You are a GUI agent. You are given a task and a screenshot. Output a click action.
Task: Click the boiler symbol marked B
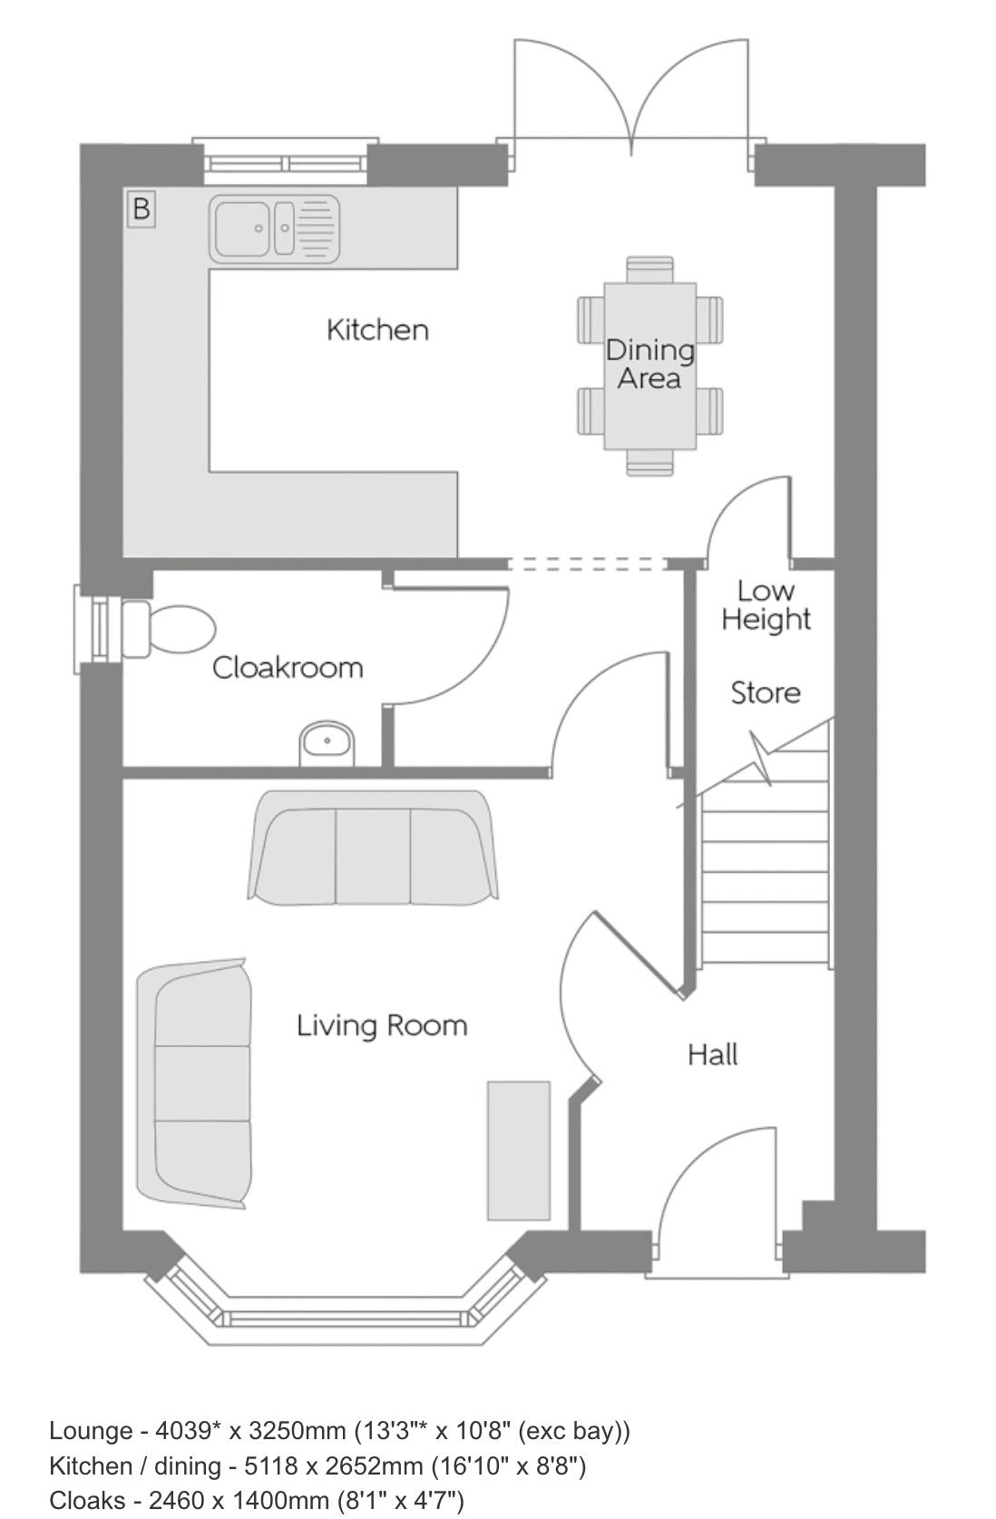point(141,208)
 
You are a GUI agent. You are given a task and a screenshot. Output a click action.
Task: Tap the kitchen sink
point(274,229)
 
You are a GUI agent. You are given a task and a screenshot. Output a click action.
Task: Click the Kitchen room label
point(377,330)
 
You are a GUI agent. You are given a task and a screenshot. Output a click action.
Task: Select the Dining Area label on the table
point(649,364)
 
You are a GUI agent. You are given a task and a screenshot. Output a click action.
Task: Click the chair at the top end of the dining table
point(649,269)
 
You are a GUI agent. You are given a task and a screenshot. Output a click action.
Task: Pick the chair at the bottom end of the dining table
point(649,463)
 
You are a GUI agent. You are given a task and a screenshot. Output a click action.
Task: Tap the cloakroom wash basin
point(327,743)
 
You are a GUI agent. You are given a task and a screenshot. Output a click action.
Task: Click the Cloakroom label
point(288,668)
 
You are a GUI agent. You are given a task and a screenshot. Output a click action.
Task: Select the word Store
point(766,693)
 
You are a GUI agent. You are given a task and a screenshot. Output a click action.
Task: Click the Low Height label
point(766,605)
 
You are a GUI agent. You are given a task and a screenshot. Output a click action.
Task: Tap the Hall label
point(713,1055)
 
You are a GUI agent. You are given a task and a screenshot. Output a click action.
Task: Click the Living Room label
point(383,1025)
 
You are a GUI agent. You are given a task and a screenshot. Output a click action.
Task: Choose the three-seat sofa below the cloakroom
point(373,848)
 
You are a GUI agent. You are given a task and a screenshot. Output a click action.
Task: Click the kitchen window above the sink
point(285,162)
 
